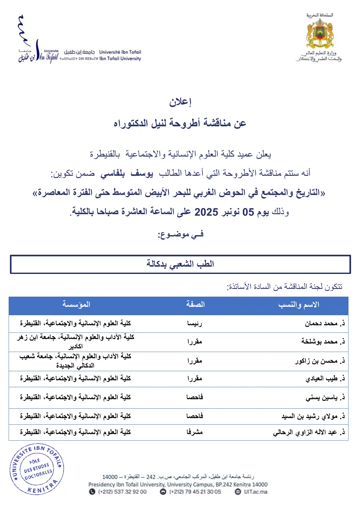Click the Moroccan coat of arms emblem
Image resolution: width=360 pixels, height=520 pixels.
[320, 34]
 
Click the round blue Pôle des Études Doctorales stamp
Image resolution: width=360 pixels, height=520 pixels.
[37, 469]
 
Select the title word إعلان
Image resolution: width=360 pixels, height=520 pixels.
[180, 102]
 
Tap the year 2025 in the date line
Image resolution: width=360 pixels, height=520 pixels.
[206, 212]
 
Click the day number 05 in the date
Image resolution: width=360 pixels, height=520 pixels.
[248, 212]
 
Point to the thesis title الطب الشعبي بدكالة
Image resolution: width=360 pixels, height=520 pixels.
[180, 264]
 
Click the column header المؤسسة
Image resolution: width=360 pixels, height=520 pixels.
[76, 304]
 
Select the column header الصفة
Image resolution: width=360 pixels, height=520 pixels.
[195, 304]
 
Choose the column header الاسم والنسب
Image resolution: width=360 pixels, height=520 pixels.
[299, 305]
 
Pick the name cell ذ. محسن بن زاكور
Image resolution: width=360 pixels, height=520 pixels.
[320, 361]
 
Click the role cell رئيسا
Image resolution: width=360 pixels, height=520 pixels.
[195, 324]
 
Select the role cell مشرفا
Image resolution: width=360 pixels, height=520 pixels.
[195, 432]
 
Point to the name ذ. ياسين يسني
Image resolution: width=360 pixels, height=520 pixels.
[325, 397]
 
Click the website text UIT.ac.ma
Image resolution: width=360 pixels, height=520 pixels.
[255, 492]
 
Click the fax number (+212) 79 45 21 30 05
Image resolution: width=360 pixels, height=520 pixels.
[195, 492]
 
